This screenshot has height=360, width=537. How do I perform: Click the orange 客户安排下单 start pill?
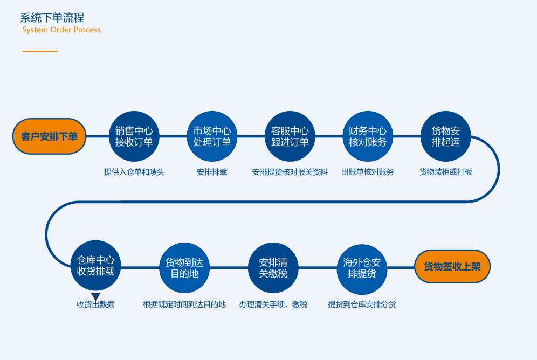(49, 136)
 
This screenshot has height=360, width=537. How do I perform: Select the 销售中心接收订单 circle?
(134, 136)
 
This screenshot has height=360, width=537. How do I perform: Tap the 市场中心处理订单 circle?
(212, 136)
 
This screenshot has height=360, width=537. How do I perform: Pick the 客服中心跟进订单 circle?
(290, 136)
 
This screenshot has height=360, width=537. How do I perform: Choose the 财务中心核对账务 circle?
(368, 136)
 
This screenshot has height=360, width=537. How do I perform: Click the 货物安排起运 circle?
(445, 136)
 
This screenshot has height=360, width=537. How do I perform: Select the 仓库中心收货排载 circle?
(95, 266)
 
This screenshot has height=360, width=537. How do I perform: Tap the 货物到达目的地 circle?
(184, 268)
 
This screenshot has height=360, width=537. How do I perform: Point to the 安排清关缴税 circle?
(273, 268)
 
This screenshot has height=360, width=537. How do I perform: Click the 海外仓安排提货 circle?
(362, 269)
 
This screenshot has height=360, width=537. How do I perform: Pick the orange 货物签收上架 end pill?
(452, 267)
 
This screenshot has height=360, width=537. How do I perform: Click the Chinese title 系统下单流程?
(52, 17)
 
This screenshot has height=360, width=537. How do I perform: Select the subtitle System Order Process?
(61, 30)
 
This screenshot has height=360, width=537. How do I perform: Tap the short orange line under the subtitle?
(40, 51)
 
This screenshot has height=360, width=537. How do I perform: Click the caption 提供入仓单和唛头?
(134, 172)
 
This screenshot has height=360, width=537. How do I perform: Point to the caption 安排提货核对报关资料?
(290, 172)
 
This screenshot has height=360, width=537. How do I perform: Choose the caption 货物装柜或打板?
(445, 172)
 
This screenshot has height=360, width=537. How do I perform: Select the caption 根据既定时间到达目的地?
(184, 304)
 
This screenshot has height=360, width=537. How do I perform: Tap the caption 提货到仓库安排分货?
(362, 304)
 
